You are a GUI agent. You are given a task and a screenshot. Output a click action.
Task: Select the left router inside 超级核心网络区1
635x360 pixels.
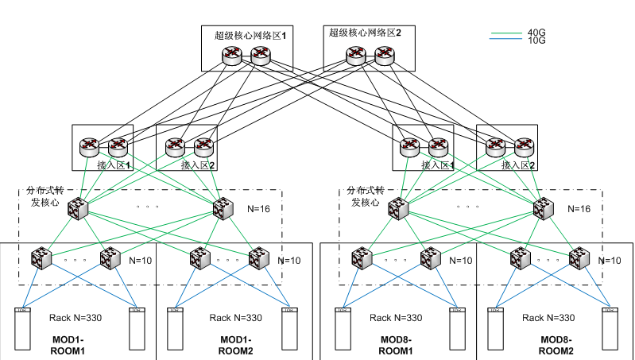(231, 55)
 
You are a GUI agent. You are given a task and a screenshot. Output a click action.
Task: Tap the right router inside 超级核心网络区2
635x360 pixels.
(385, 55)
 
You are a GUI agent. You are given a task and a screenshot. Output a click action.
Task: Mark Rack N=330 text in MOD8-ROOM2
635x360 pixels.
(548, 318)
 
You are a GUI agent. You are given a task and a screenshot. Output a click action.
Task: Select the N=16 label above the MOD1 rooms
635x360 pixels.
(260, 209)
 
